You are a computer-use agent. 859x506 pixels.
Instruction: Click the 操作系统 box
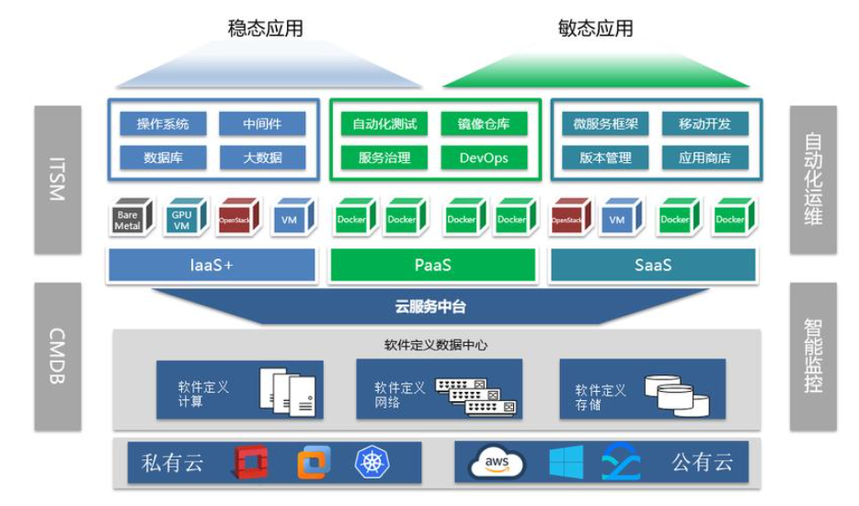point(163,124)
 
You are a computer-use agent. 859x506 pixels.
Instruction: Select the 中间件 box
point(262,124)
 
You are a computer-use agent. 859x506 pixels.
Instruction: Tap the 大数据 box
point(262,157)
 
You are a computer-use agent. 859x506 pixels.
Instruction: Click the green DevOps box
point(484,157)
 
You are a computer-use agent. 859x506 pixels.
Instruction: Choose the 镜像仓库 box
point(484,124)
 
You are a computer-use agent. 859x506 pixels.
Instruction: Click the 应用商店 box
point(704,157)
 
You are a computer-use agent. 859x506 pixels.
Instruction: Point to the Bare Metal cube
point(128,218)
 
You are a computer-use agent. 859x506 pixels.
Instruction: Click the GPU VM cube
point(181,218)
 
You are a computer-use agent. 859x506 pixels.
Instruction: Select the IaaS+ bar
point(212,265)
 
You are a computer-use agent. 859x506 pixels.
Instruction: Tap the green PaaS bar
point(431,265)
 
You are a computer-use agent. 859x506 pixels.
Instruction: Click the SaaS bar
point(652,265)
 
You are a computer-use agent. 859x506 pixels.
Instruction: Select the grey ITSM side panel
point(57,179)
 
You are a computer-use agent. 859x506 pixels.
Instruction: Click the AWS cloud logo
point(496,463)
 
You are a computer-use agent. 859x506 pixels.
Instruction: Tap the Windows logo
point(566,462)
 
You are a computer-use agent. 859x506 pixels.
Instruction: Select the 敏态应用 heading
point(595,28)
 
